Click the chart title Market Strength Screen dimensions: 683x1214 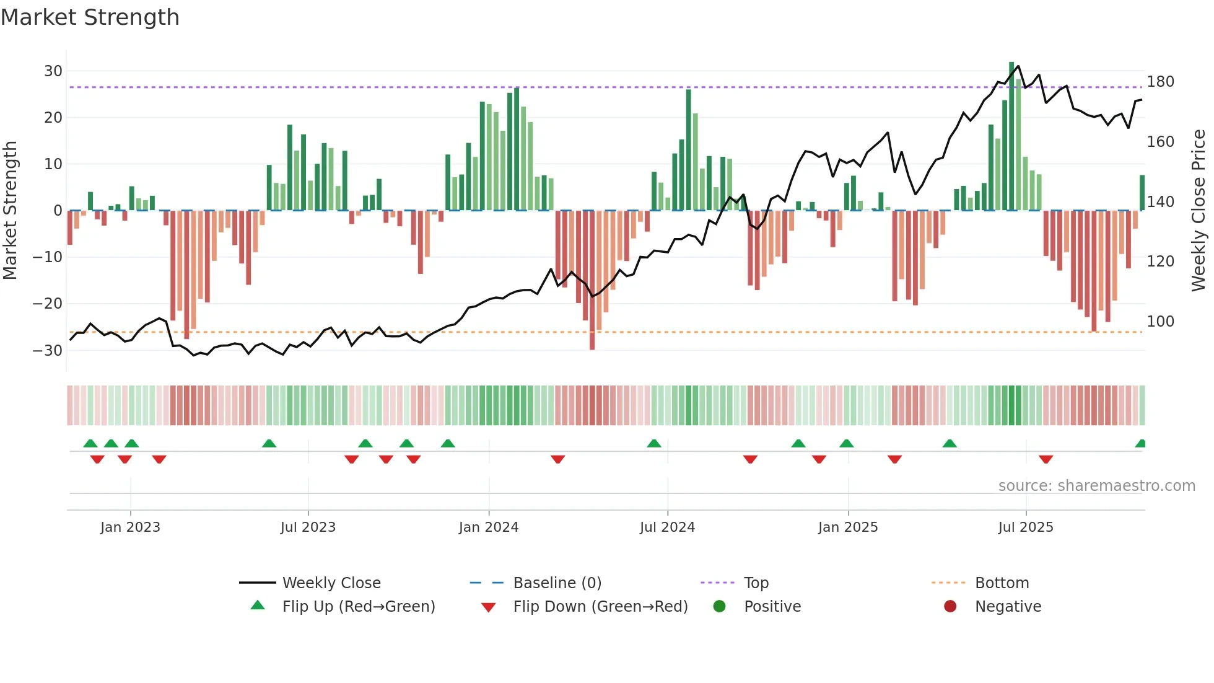90,17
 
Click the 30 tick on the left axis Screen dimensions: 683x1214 53,71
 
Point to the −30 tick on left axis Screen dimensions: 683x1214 48,351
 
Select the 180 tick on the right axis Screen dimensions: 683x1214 1160,82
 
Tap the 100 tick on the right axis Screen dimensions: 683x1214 1160,322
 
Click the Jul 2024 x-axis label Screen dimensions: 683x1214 667,527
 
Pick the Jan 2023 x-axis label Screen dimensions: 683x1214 130,527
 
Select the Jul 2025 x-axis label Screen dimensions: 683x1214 1025,527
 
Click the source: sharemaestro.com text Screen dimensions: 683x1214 1096,486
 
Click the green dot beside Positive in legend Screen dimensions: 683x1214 719,607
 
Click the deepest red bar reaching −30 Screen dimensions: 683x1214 592,280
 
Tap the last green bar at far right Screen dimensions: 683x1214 1142,193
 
